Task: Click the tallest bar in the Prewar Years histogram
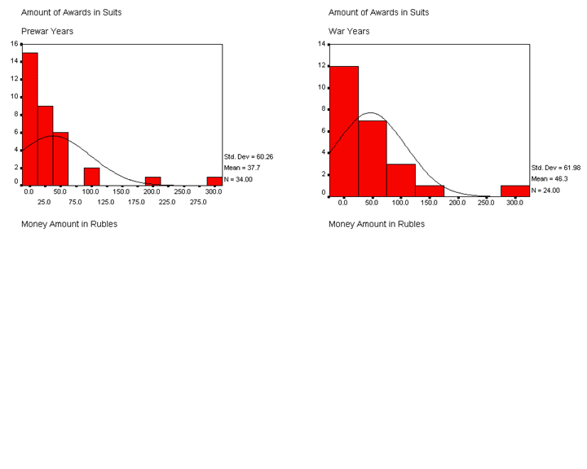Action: [x=29, y=119]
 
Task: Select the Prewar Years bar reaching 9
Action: [x=45, y=145]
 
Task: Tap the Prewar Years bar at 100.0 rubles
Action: [x=91, y=176]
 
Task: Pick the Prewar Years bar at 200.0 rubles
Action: [x=152, y=181]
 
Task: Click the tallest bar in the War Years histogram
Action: [x=344, y=130]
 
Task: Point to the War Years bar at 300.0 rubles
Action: [x=514, y=191]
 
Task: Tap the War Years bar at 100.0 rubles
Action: [x=401, y=180]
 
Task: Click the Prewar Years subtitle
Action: [x=47, y=31]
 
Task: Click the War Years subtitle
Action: [x=349, y=31]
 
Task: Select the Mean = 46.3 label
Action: [x=548, y=178]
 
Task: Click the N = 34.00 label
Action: [x=238, y=179]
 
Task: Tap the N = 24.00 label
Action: [x=545, y=190]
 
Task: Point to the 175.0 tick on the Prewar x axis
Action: [x=136, y=201]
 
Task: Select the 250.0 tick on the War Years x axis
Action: [x=486, y=201]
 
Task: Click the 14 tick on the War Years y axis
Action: [x=321, y=43]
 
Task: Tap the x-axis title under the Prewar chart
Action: [x=68, y=224]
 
